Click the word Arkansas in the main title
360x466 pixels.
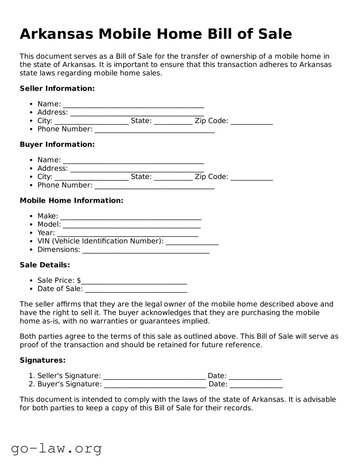56,34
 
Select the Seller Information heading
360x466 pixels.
57,88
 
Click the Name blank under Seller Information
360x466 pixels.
133,104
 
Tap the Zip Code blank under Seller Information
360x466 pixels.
251,121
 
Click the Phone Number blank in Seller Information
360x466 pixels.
155,129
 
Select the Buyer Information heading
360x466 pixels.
57,144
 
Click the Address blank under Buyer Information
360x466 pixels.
137,169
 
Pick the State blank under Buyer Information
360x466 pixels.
173,177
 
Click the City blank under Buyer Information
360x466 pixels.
92,177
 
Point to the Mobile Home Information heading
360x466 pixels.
71,200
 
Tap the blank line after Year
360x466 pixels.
128,233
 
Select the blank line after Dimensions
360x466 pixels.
145,250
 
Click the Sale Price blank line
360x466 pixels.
134,281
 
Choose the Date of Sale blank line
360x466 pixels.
136,289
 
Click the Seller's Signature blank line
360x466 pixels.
154,376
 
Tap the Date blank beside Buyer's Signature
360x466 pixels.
256,384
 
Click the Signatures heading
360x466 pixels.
43,360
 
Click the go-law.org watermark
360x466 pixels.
56,448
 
